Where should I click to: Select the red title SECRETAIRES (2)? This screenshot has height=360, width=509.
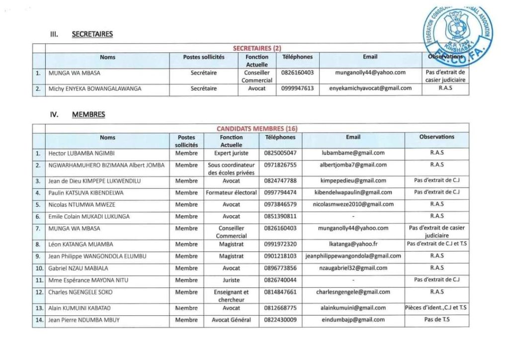pos(257,48)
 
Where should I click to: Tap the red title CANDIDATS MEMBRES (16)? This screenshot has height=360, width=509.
pos(257,129)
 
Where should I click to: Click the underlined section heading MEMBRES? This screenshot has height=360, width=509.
pos(88,114)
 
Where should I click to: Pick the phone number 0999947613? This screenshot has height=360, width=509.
pos(297,89)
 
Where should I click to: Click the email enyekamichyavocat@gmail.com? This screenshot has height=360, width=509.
pos(370,89)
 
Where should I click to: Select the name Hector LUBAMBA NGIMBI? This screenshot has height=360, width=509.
pos(82,153)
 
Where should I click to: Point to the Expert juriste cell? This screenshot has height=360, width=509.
pos(231,153)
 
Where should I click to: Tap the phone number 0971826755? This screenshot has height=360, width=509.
pos(280,165)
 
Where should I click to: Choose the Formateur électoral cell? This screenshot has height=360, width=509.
pos(231,192)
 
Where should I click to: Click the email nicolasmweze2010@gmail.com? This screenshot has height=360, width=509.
pos(353,204)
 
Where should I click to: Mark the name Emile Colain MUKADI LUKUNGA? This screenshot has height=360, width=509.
pos(89,216)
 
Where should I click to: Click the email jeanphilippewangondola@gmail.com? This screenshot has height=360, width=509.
pos(353,256)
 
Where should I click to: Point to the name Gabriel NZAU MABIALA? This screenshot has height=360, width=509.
pos(78,268)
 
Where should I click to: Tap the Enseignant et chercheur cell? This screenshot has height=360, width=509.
pos(231,296)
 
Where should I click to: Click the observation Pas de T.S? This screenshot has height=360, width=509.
pos(437,320)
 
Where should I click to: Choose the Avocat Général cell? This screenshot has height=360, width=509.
pos(231,320)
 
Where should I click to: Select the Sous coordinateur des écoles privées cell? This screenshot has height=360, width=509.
pos(231,169)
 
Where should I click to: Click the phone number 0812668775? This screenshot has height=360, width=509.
pos(280,308)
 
